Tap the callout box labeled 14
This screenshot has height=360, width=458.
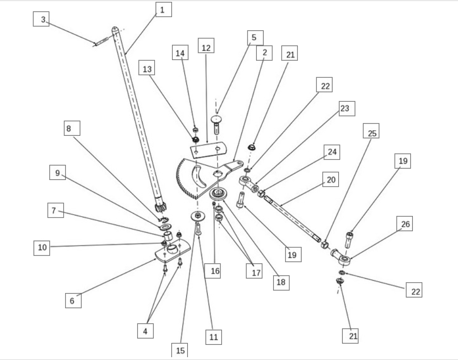180,53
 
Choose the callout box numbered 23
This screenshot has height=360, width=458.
344,109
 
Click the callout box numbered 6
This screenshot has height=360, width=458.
72,300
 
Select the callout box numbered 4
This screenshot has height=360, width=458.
145,330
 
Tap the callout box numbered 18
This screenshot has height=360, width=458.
281,282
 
